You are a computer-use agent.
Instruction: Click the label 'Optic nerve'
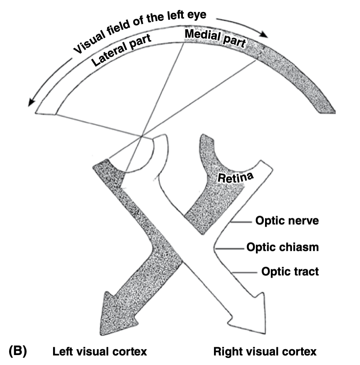pos(287,221)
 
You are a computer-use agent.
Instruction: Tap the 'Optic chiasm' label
pos(282,248)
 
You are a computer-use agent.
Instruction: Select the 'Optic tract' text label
pos(290,272)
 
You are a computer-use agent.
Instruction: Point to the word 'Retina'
pos(236,178)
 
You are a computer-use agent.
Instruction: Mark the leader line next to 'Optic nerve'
pos(241,222)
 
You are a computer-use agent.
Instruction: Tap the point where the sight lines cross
pos(142,135)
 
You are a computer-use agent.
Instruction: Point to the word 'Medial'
pos(202,35)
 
